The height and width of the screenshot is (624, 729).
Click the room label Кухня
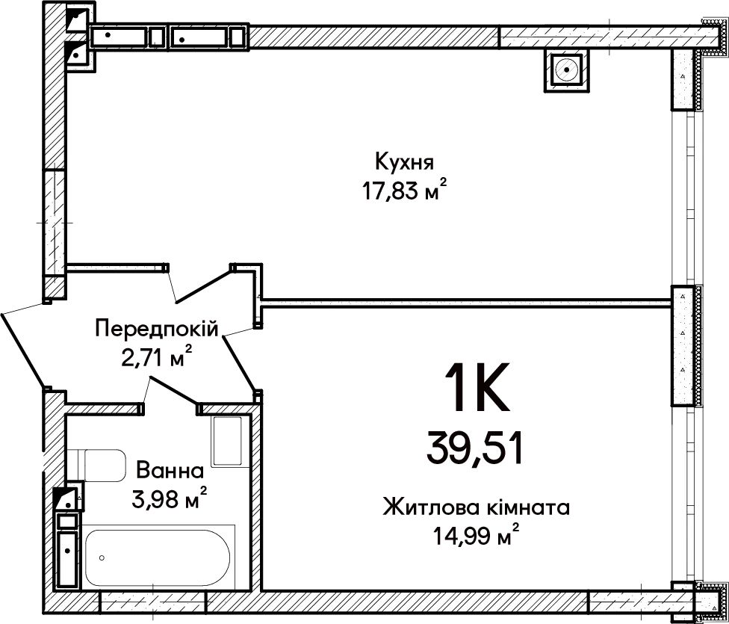pos(404,162)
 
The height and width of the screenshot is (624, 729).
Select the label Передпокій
pos(157,330)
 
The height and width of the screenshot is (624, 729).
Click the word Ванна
pos(170,471)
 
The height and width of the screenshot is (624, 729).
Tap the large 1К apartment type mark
pos(477,387)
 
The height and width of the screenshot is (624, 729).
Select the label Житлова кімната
pos(476,507)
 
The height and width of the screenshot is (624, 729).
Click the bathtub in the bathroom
pos(157,557)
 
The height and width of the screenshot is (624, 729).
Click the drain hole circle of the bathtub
pos(102,557)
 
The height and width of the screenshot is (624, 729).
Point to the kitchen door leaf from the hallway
pos(203,284)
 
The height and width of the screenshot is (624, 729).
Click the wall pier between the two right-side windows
pos(683,345)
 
